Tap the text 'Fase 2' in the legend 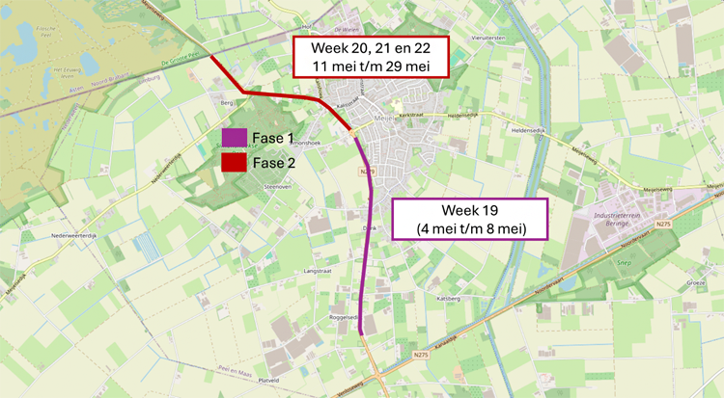pos(273,163)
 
